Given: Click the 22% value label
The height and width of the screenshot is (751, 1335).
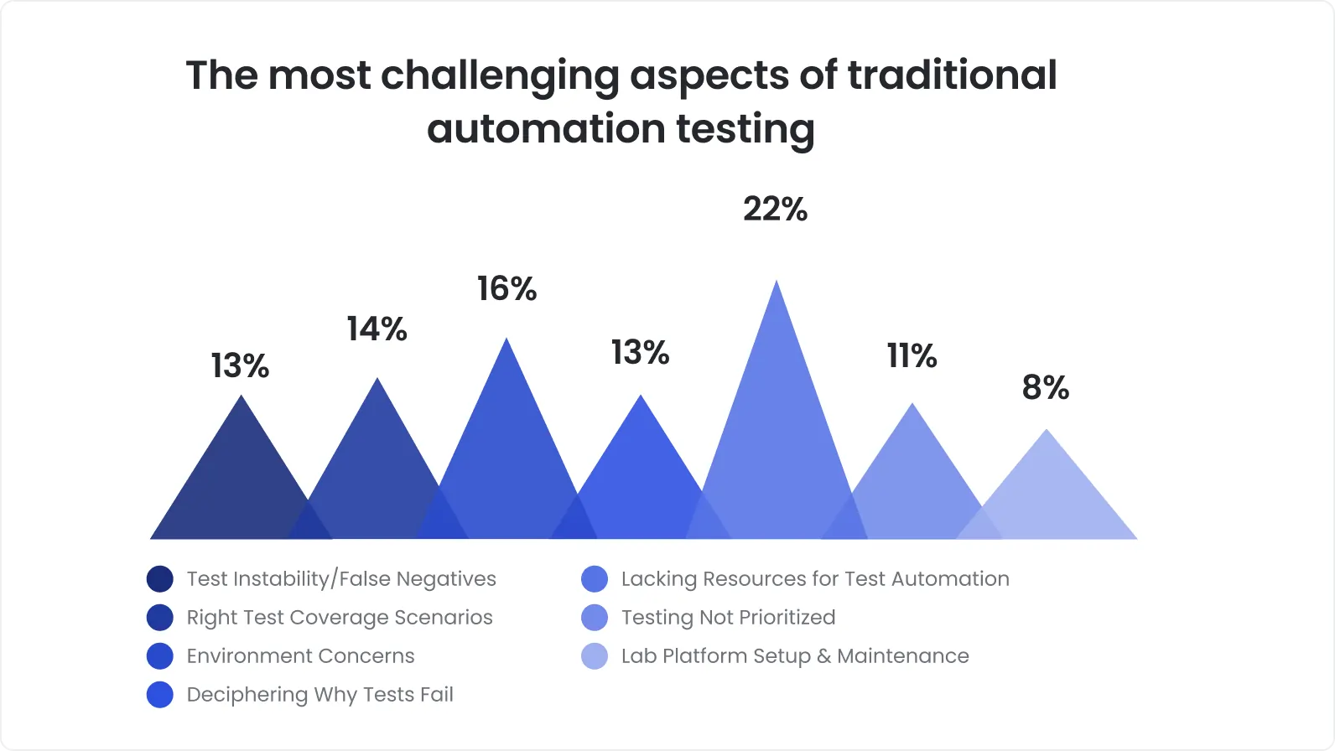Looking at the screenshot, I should (775, 210).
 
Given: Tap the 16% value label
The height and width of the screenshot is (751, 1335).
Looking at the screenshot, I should (506, 289).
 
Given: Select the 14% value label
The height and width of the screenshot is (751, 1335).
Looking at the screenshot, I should (377, 329).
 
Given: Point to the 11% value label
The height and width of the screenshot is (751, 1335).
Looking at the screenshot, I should (912, 356).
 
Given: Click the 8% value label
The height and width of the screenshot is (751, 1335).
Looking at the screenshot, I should (1046, 388).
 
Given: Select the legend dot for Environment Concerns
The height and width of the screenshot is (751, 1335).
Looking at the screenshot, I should (159, 656).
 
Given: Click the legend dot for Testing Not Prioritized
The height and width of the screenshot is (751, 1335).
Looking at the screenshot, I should (594, 618).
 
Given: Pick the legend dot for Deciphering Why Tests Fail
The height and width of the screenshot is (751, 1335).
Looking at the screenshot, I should (159, 695).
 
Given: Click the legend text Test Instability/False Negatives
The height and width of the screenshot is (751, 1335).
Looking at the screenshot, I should (341, 579).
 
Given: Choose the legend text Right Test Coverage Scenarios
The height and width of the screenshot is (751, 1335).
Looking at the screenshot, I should (340, 618).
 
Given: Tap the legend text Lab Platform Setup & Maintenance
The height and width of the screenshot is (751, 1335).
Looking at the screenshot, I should (794, 656).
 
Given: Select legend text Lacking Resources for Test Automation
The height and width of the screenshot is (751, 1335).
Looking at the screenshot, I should (814, 579).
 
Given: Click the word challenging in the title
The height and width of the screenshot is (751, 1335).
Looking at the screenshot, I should (500, 76).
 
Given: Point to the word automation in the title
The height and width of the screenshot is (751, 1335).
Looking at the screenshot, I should (546, 130).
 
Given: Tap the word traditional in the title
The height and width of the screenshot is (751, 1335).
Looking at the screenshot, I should (952, 75).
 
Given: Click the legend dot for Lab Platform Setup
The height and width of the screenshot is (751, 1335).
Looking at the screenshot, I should (594, 656).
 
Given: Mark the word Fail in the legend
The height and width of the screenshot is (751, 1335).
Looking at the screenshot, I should (437, 695).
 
